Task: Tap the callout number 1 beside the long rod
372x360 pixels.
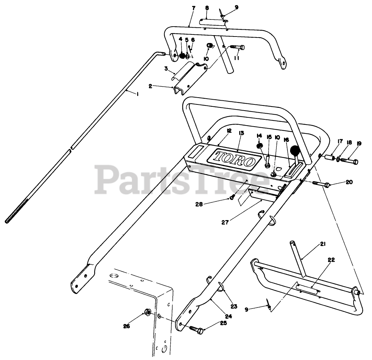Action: (x=137, y=94)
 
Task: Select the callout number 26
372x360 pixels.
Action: (x=127, y=326)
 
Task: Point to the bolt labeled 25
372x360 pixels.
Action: (x=195, y=329)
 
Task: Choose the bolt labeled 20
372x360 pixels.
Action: (x=322, y=185)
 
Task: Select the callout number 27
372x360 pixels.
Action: (x=225, y=222)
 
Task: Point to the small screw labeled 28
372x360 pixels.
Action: (x=232, y=197)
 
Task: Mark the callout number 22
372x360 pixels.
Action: (x=331, y=260)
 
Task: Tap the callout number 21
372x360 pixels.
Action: (x=323, y=244)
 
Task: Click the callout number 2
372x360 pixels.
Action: (x=151, y=86)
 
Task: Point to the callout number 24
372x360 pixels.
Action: (x=228, y=316)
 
